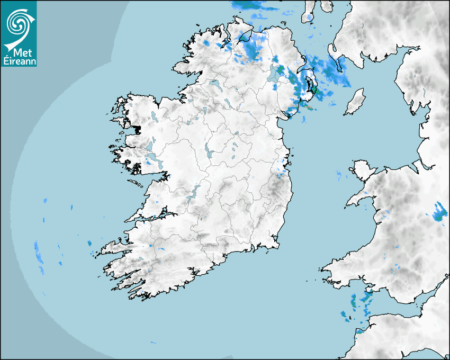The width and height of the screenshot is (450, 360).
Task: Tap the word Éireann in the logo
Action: click(19, 60)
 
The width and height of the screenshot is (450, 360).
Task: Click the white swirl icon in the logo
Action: click(17, 23)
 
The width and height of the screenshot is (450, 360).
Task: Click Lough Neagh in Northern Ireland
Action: click(276, 74)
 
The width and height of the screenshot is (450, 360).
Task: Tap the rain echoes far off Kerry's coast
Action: click(39, 257)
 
